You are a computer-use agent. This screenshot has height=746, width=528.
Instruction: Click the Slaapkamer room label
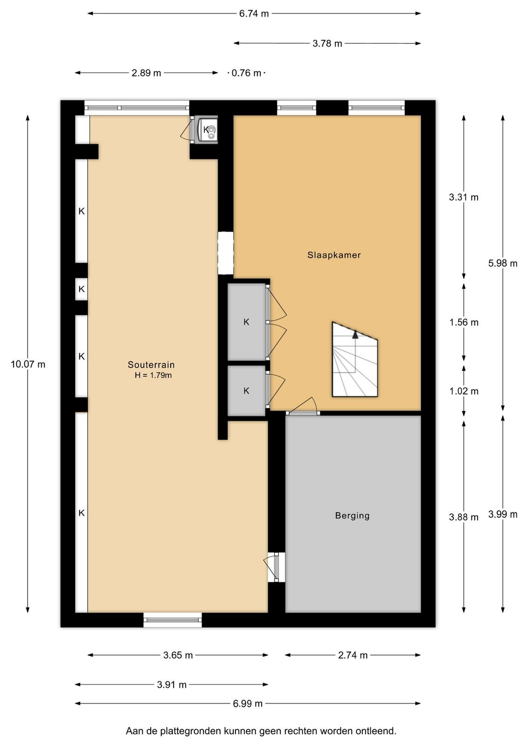click(x=334, y=255)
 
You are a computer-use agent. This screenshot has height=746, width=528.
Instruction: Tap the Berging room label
click(x=352, y=516)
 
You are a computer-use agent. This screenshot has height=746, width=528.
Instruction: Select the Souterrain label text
click(x=151, y=365)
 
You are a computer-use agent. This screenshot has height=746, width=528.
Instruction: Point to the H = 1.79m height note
click(x=153, y=375)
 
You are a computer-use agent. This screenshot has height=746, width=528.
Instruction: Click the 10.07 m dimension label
click(x=28, y=364)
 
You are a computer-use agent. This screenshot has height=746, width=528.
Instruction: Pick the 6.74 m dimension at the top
click(x=254, y=14)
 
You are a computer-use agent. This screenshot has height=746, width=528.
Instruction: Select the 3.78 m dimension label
click(x=327, y=43)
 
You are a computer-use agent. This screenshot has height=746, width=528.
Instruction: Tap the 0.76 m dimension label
click(x=246, y=73)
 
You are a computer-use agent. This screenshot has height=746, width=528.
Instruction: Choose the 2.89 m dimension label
click(x=146, y=73)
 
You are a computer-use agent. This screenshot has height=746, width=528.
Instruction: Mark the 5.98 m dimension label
click(x=503, y=263)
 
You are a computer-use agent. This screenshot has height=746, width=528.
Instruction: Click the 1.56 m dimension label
click(x=464, y=322)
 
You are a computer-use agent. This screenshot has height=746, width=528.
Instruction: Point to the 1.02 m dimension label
click(x=464, y=391)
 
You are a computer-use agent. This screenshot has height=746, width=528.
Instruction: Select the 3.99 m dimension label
click(x=503, y=515)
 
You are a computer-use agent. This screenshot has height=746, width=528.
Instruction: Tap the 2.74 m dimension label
click(x=353, y=656)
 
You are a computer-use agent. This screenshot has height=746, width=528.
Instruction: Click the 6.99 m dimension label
click(x=248, y=704)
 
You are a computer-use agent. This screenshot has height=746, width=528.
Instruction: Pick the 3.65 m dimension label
click(x=178, y=656)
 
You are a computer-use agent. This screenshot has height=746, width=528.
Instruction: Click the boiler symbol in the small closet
click(x=207, y=130)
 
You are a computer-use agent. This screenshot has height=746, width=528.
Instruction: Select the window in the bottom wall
click(x=173, y=620)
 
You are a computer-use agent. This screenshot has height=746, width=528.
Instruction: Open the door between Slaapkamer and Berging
click(x=303, y=413)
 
